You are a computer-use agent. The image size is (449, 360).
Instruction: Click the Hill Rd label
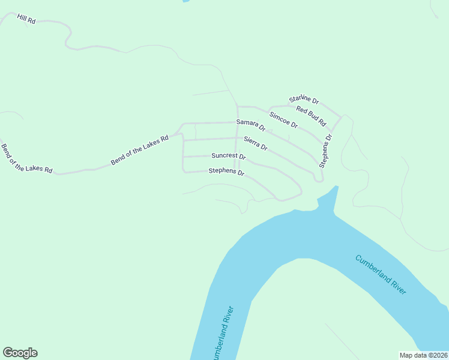coord(26,19)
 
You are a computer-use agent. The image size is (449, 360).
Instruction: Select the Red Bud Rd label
coord(311,116)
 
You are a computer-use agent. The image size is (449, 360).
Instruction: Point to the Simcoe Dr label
coord(283,119)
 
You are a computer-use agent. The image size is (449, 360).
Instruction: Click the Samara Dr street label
coord(251,125)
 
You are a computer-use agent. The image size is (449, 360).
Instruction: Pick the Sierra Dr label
coord(256,143)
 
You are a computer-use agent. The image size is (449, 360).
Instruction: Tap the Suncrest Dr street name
coord(229,156)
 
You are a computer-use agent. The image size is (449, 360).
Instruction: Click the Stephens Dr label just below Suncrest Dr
coord(226,172)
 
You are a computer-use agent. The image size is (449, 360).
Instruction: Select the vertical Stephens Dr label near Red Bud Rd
coord(325,151)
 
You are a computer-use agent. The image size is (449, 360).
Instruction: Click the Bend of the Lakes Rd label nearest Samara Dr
coord(139,150)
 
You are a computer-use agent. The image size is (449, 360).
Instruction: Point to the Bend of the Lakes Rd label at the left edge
coord(26,160)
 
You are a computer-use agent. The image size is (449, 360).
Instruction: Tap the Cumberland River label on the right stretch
coord(381,274)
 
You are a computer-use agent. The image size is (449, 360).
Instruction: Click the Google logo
coord(20,353)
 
